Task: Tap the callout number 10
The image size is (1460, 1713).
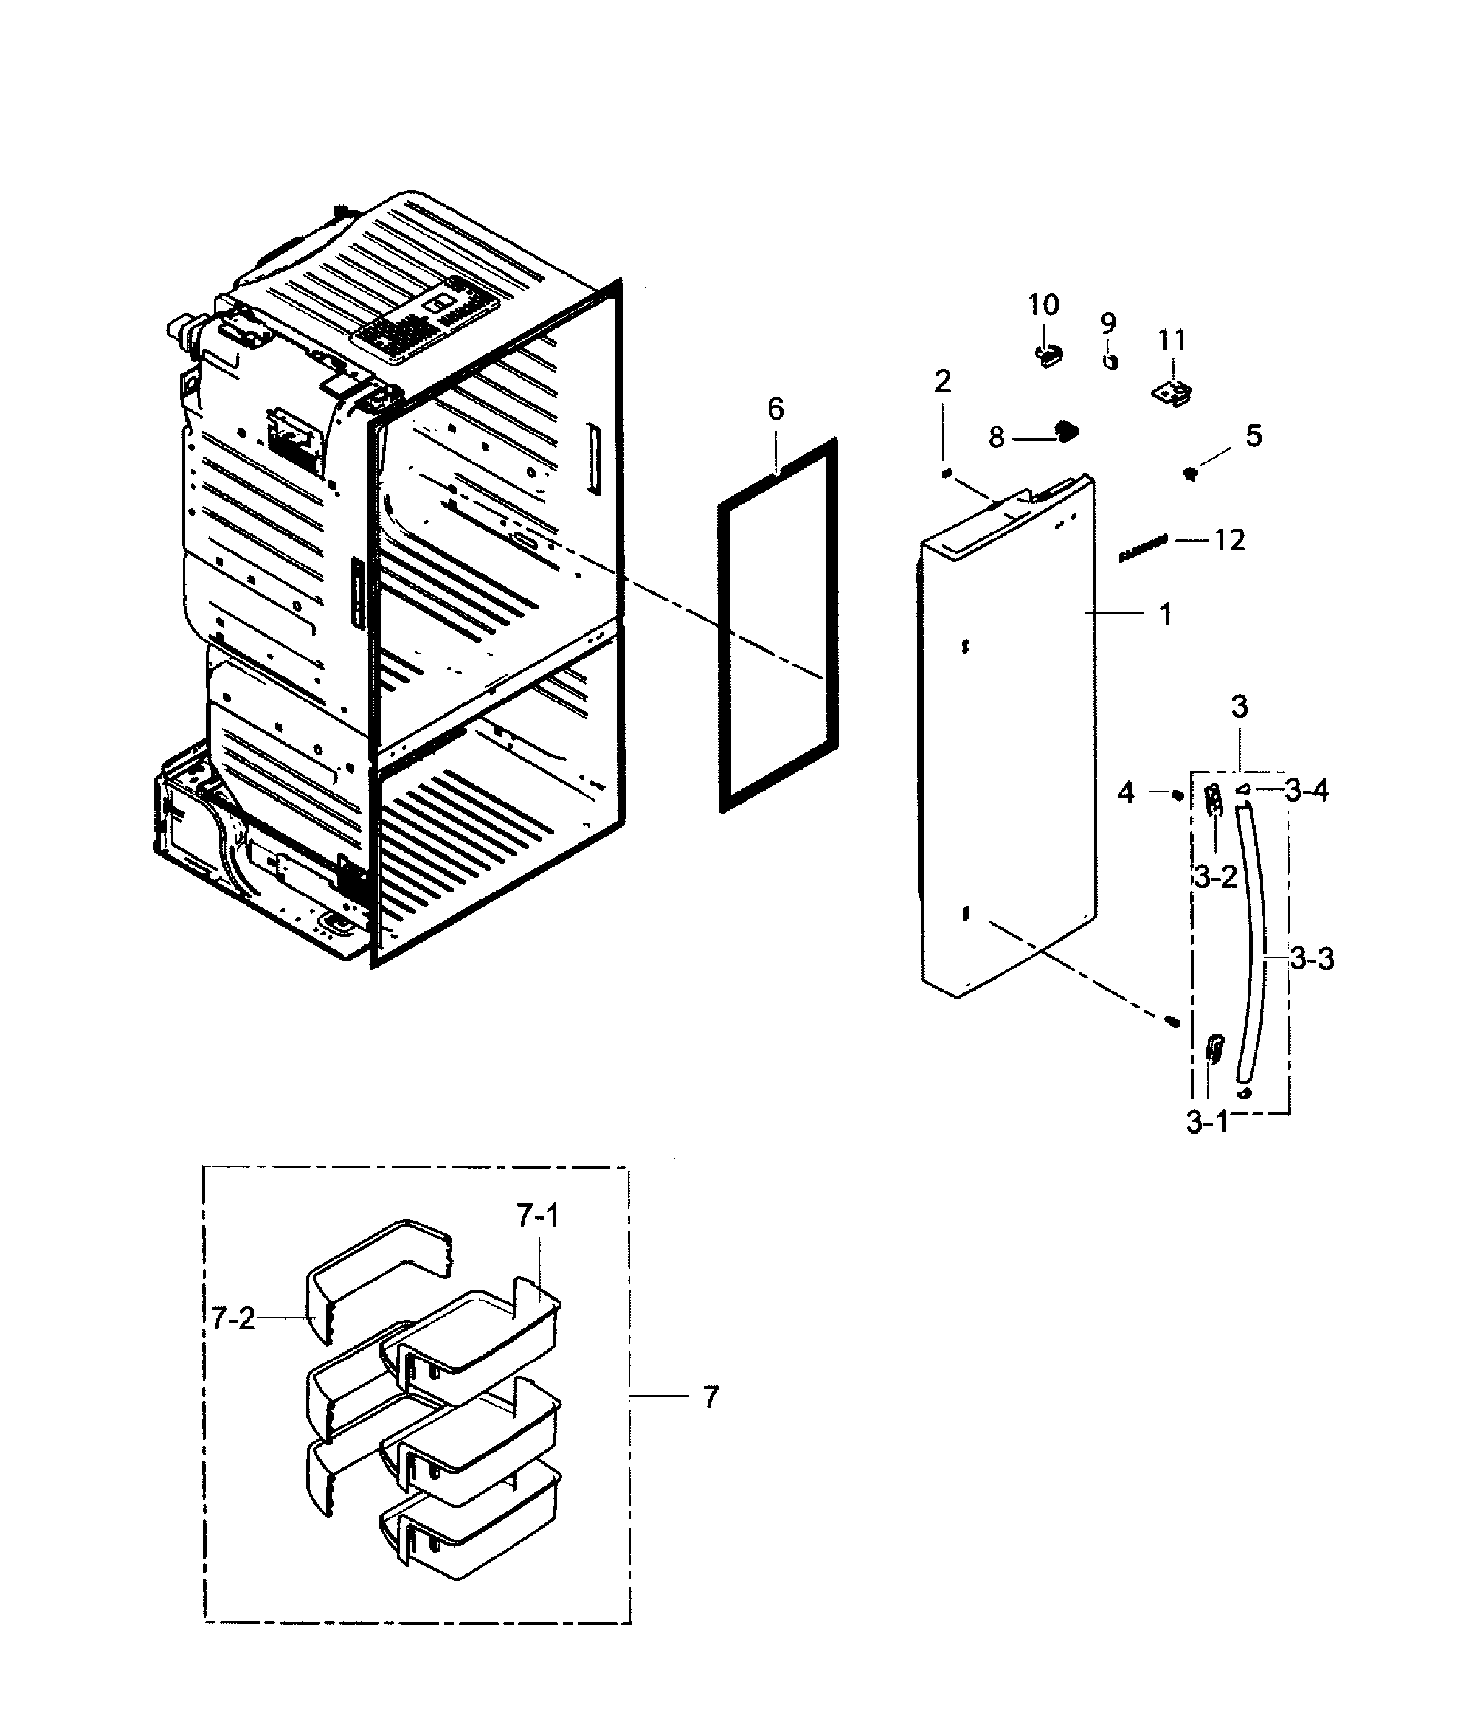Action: tap(1043, 306)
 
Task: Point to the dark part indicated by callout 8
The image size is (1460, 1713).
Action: tap(1067, 430)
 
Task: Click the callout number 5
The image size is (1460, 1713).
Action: tap(1253, 436)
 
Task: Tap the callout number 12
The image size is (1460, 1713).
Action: tap(1229, 541)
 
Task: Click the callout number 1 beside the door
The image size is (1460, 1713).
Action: tap(1165, 614)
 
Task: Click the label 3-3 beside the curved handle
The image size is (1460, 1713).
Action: tap(1312, 960)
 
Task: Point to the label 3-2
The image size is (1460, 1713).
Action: tap(1215, 876)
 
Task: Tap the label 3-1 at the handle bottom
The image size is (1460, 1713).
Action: tap(1207, 1123)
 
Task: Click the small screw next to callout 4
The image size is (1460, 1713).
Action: tap(1176, 795)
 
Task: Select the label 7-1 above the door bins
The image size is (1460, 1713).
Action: tap(538, 1215)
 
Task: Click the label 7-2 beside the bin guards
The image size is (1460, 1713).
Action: tap(233, 1318)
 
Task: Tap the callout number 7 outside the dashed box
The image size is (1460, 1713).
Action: tap(711, 1397)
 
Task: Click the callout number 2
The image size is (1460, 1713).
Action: tap(943, 381)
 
